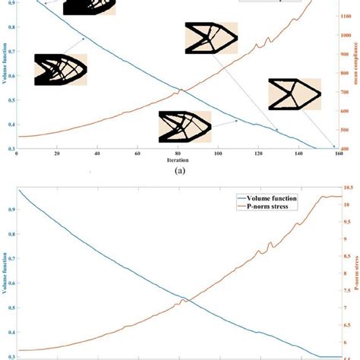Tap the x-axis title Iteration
[x=176, y=160]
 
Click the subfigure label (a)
[x=180, y=172]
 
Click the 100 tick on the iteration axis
[x=218, y=154]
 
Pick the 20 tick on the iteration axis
[x=56, y=154]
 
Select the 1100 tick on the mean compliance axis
[x=348, y=34]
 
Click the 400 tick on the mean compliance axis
[x=346, y=149]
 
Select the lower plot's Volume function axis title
[x=5, y=277]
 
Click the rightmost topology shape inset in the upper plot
[x=295, y=94]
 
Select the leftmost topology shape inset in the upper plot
[x=60, y=69]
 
